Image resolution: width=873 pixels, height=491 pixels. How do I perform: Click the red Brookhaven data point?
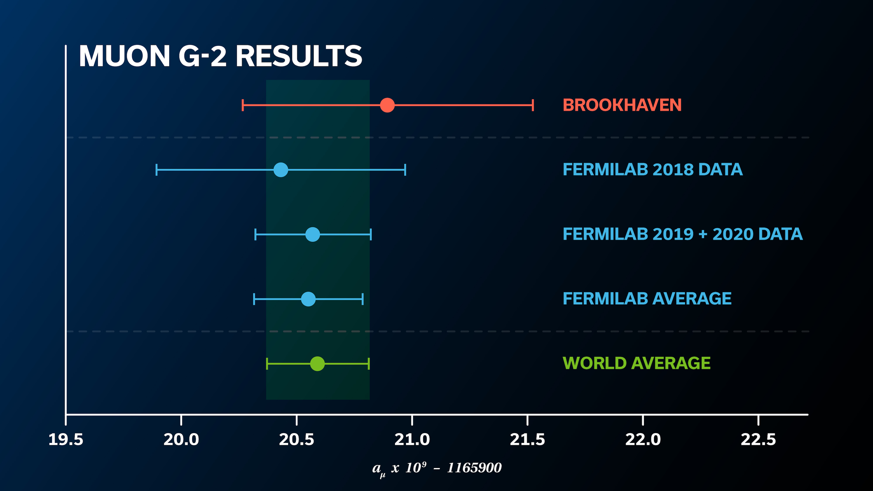387,105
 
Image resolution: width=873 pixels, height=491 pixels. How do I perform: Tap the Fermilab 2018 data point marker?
281,169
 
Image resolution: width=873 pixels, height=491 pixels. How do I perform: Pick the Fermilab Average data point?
308,299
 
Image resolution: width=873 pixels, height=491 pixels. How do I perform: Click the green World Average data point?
317,364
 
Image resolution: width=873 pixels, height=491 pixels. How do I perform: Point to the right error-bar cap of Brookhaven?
533,105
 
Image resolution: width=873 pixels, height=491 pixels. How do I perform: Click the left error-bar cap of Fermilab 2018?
157,169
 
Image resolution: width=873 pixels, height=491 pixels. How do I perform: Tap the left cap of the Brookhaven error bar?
243,105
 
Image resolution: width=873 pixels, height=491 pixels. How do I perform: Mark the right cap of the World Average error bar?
368,364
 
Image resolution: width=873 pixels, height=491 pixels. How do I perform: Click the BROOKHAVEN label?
622,105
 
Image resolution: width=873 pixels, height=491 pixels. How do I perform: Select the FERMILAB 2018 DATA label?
652,169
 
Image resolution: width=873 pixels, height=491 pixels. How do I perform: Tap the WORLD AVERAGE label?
636,363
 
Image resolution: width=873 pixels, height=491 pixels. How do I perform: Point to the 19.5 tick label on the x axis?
66,439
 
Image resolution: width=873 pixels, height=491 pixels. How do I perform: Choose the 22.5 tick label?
758,439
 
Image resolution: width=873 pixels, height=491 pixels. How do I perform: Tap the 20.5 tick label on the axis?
297,439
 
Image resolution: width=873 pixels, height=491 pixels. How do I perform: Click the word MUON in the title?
124,56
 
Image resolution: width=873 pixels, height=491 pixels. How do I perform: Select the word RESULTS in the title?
299,56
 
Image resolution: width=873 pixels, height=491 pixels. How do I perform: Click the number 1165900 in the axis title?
474,468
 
